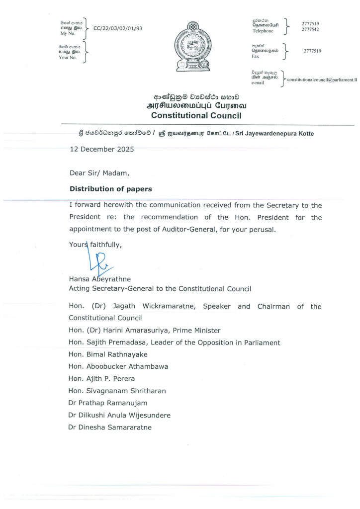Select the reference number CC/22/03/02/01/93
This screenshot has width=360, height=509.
tap(118, 28)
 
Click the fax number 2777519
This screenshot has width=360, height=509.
tap(312, 51)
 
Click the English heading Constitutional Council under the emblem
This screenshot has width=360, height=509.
tap(196, 115)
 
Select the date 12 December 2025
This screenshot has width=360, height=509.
tap(102, 149)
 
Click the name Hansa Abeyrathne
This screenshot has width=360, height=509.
tap(100, 279)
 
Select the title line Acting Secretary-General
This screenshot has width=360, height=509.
tap(160, 288)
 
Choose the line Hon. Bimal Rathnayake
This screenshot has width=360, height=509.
tap(108, 354)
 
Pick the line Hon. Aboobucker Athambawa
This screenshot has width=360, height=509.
tap(118, 366)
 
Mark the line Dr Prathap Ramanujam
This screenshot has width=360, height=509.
tap(108, 403)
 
